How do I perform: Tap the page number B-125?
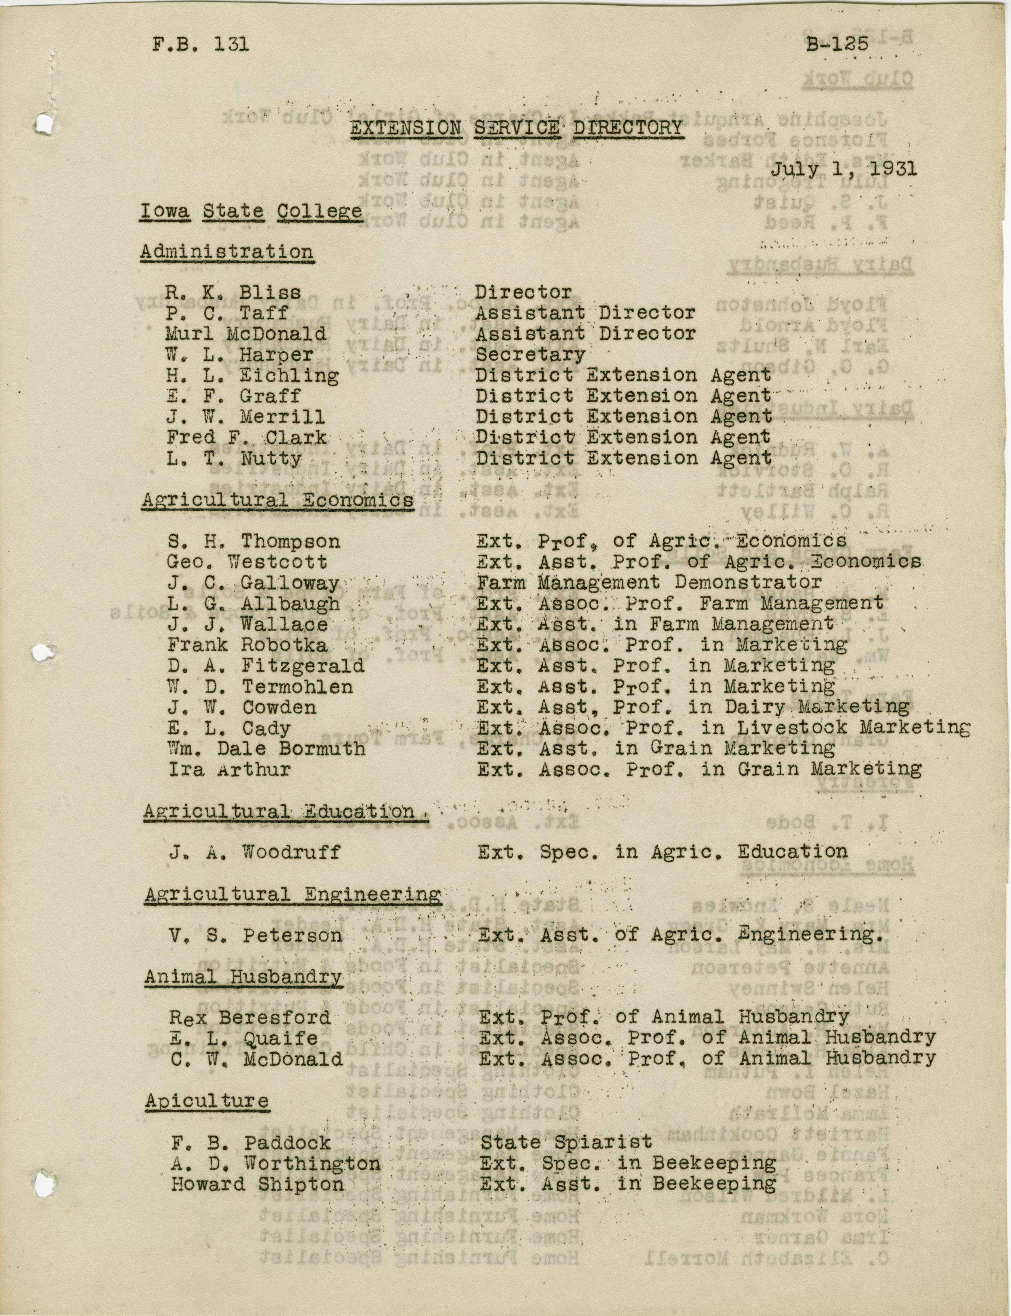(837, 45)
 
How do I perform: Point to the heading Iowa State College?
(251, 212)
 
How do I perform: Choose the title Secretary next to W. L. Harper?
(530, 355)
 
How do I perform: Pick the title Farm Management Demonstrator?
(649, 582)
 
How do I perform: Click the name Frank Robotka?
(247, 645)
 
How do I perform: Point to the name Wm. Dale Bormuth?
(267, 749)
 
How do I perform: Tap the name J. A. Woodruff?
(254, 852)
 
